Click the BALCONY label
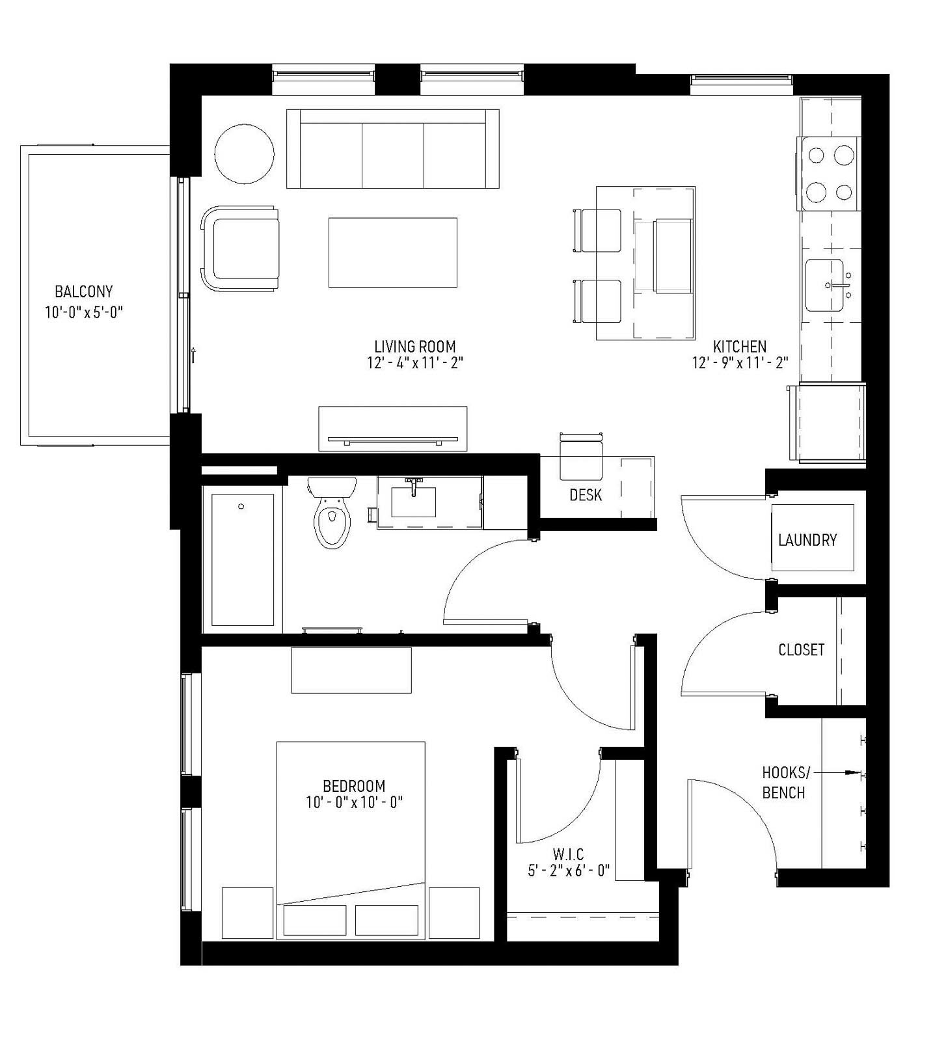point(83,291)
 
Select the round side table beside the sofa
point(245,154)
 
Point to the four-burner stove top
point(830,174)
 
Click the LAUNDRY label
point(807,540)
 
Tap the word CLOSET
point(801,650)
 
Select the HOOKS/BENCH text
point(785,783)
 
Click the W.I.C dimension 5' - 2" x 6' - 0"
point(569,871)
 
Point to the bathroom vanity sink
point(413,500)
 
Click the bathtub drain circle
point(241,506)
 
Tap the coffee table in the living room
point(392,252)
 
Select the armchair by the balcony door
point(241,249)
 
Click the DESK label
point(586,495)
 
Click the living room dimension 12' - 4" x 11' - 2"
point(414,363)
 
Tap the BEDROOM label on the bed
point(354,786)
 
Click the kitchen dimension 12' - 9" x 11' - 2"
point(740,363)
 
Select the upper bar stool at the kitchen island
point(598,230)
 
